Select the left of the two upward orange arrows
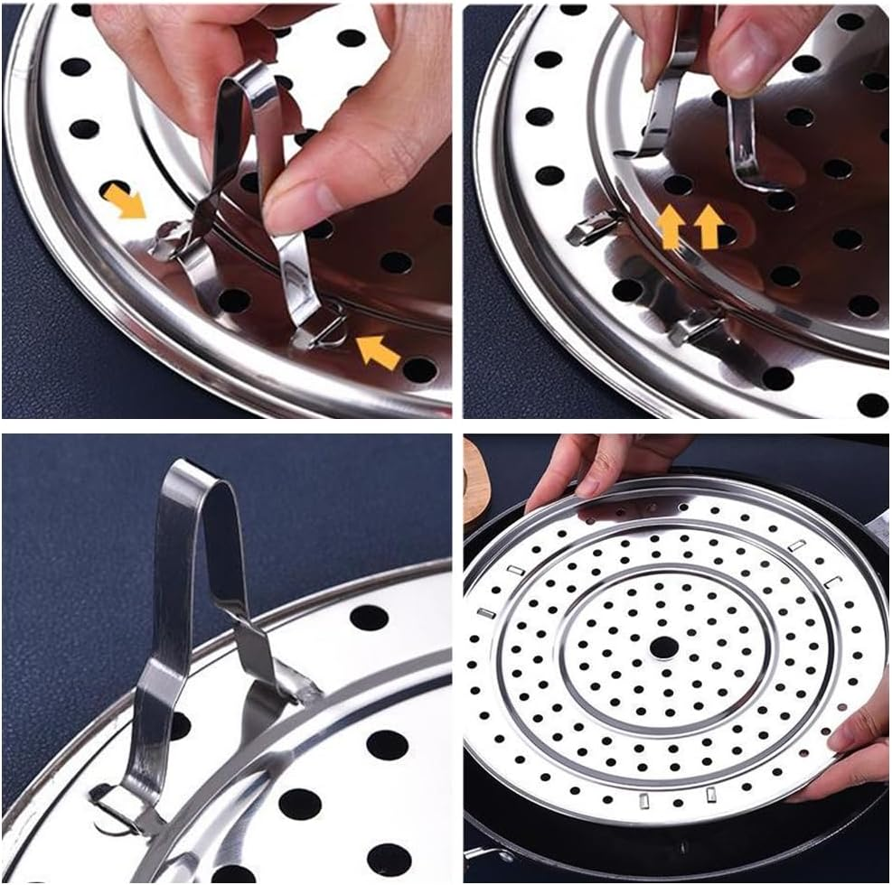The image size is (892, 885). click(x=671, y=228)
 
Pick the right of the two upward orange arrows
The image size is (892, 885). click(x=709, y=227)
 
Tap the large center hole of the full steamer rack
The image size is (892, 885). click(x=663, y=647)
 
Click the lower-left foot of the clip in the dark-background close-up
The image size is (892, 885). click(x=117, y=805)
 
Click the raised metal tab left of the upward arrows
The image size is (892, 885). click(x=592, y=230)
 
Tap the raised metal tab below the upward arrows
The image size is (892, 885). click(x=696, y=330)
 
